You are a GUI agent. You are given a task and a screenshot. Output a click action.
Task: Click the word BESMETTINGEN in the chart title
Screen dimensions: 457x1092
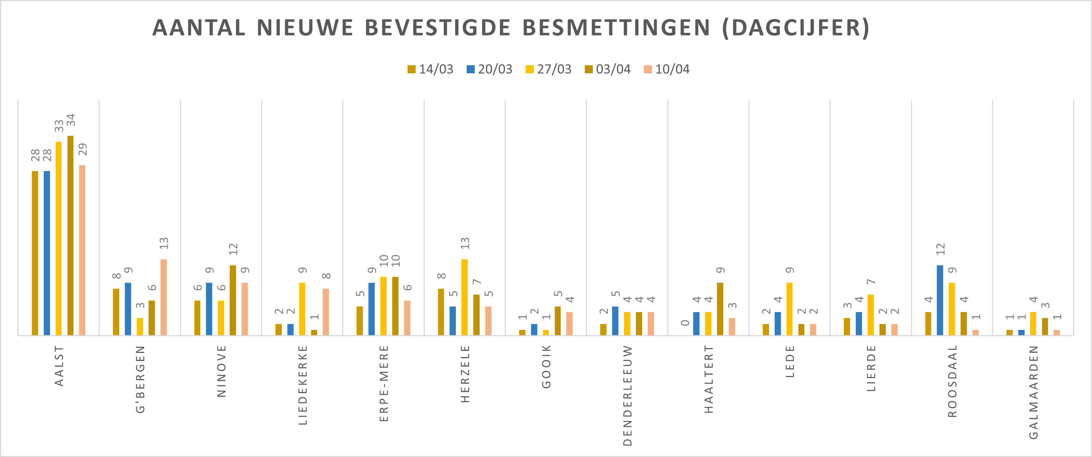coord(616,28)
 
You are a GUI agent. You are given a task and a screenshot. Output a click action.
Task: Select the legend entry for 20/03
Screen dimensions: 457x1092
coord(490,69)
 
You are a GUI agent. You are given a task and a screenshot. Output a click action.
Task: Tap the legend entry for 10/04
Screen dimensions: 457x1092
coord(667,69)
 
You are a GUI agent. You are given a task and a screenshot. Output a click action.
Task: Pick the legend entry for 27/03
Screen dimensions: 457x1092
coord(548,69)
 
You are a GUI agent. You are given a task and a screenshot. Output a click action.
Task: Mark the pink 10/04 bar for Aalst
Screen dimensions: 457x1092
coord(82,250)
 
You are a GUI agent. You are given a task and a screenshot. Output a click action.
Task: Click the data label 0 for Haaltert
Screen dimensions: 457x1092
coord(685,323)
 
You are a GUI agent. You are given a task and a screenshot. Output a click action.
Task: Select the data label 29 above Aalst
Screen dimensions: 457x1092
coord(82,149)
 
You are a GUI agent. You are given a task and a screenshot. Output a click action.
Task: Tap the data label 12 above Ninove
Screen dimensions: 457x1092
coord(233,249)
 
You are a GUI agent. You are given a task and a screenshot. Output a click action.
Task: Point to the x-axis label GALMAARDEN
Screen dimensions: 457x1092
coord(1034,392)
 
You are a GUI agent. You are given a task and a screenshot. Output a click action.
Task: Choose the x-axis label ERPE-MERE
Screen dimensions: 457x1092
coord(384,383)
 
